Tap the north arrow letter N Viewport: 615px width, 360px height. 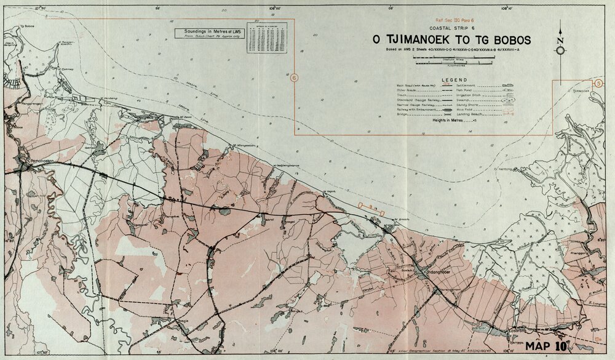click(x=560, y=41)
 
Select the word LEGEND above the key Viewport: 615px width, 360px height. click(x=454, y=80)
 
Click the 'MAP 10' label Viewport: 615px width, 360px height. click(x=546, y=346)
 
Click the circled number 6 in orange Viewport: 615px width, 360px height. click(x=294, y=78)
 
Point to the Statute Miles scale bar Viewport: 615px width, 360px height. click(x=454, y=58)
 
